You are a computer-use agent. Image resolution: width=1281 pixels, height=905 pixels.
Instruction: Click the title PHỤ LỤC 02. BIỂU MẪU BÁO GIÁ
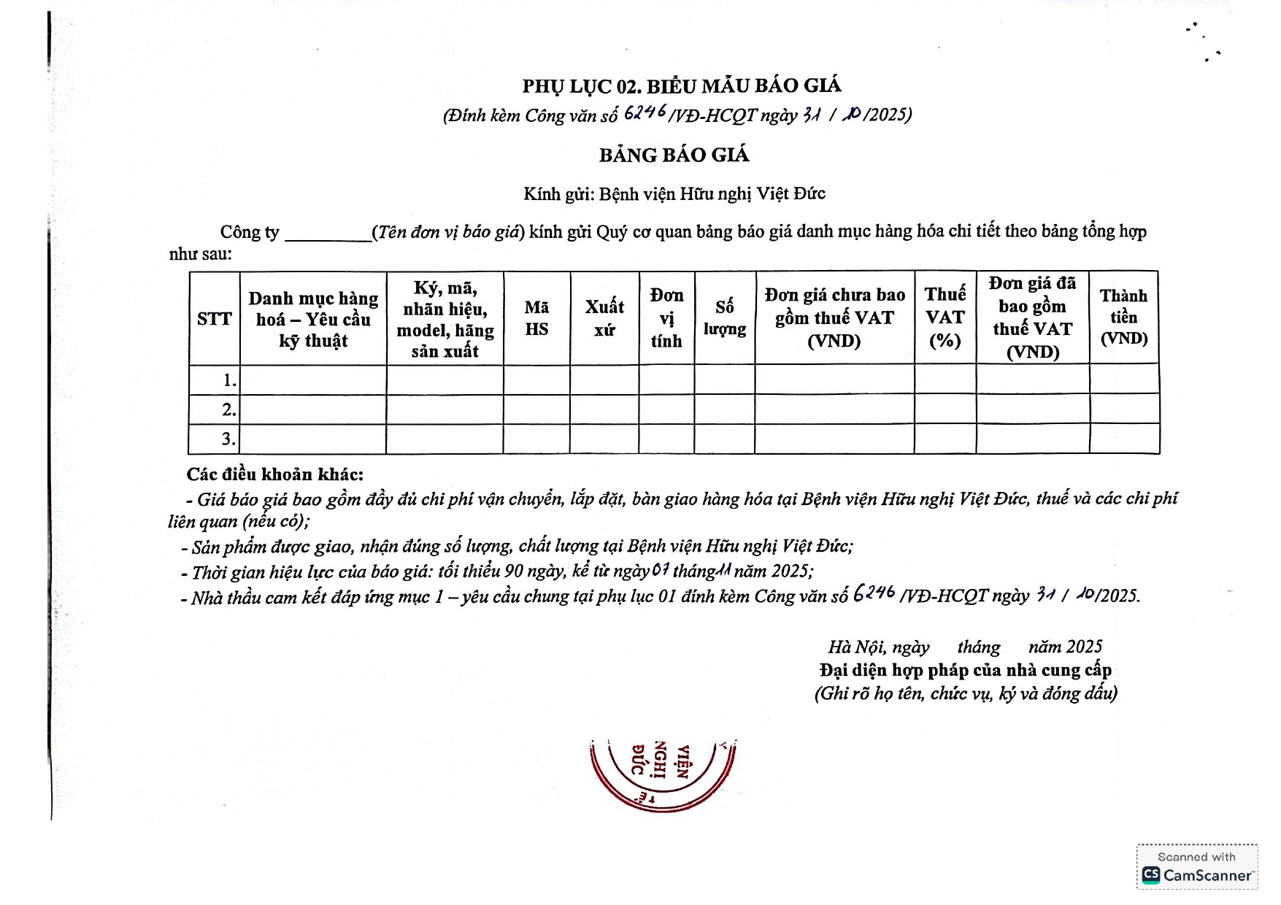(682, 86)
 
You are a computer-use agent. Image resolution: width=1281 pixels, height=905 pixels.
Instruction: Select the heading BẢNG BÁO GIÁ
(674, 155)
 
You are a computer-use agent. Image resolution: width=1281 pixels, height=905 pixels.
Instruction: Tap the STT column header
(214, 319)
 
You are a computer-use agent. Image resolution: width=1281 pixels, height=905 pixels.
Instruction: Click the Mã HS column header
(536, 318)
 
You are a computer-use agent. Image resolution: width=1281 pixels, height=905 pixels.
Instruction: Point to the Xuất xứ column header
(604, 318)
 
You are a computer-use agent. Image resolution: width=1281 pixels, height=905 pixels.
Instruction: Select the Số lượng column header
(725, 318)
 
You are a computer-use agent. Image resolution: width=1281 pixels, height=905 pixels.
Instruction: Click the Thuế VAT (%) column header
(945, 317)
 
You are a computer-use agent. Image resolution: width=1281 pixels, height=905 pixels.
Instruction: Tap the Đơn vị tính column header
(666, 318)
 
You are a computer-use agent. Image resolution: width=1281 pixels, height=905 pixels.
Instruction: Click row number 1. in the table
(229, 380)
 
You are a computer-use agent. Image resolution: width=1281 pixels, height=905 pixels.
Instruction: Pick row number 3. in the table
(228, 439)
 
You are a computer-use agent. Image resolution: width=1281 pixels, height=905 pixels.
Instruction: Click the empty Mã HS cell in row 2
(536, 409)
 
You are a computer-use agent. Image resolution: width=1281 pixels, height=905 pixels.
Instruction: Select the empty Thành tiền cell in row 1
(1124, 380)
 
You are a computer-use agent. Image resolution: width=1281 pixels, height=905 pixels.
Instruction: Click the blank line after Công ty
(328, 234)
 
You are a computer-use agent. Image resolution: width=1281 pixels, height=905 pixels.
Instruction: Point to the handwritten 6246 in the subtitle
(645, 112)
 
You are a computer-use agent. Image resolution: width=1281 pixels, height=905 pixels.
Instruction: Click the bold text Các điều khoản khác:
(275, 474)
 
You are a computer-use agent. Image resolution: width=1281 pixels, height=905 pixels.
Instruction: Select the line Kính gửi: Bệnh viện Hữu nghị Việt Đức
(674, 194)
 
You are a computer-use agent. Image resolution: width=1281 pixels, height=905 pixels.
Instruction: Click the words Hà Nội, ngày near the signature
(879, 647)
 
